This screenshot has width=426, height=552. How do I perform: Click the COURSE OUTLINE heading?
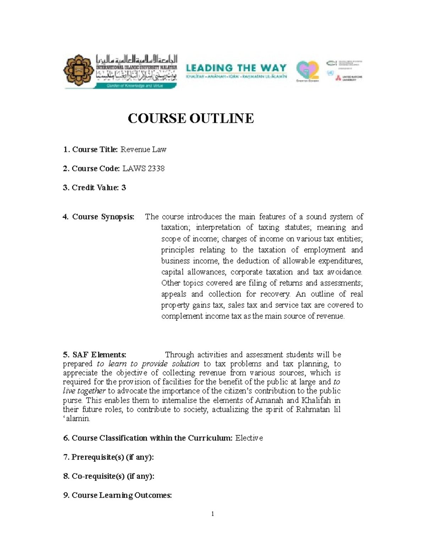click(x=191, y=118)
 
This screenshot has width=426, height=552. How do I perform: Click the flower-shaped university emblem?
click(x=79, y=70)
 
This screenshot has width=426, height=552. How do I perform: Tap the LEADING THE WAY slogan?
click(x=236, y=68)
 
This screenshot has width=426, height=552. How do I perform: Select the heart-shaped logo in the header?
click(x=307, y=70)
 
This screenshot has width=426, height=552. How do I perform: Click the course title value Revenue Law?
click(x=143, y=150)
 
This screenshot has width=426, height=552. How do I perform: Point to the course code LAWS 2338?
click(x=143, y=168)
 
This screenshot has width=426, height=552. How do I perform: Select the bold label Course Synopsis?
click(x=103, y=217)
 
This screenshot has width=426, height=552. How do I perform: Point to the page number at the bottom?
click(x=212, y=514)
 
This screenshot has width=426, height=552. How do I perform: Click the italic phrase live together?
click(x=84, y=391)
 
